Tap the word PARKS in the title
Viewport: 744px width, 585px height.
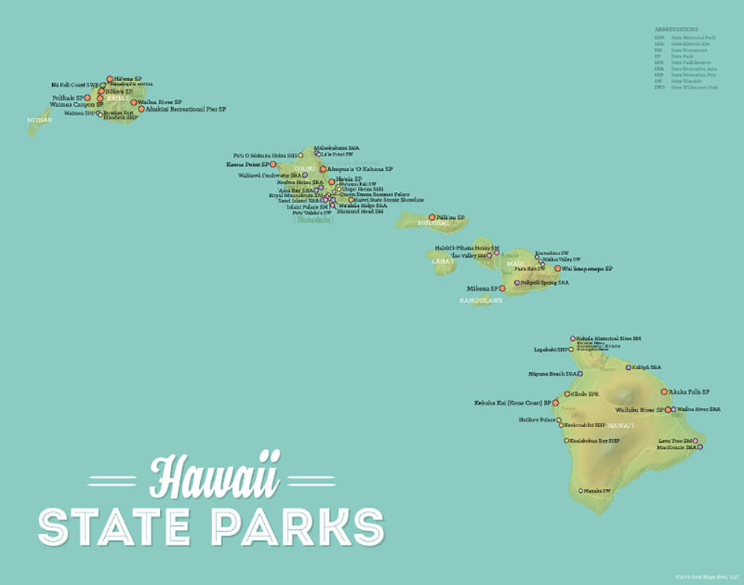click(298, 526)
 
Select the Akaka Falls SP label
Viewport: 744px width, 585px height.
click(690, 391)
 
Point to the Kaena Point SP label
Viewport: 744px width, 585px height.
click(247, 164)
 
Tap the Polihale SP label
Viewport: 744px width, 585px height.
click(67, 97)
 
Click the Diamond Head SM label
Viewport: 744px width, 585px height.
click(360, 211)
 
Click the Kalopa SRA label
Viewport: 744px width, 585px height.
click(647, 367)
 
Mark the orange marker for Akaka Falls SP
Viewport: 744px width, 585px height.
click(664, 391)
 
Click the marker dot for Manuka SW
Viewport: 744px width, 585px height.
click(580, 491)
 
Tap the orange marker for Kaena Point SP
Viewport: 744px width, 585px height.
click(272, 164)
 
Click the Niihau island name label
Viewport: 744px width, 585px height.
click(39, 119)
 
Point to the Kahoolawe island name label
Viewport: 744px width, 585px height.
click(481, 300)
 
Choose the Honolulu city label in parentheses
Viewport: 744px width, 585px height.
click(313, 220)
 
